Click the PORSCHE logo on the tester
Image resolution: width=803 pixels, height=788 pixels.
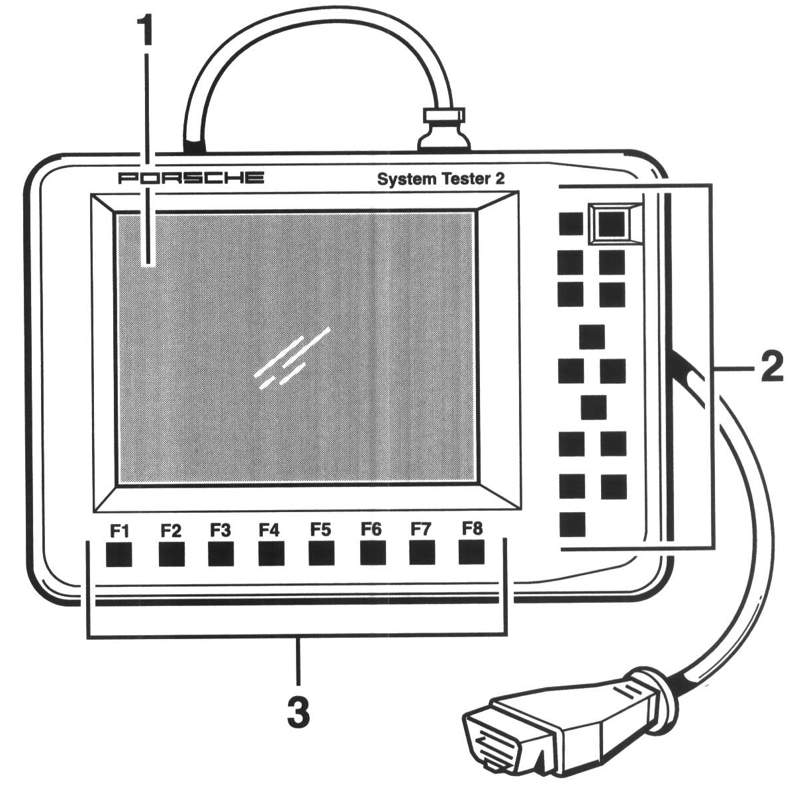[191, 177]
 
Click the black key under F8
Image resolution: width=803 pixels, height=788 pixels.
[471, 552]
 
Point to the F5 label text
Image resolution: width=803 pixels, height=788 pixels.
[321, 530]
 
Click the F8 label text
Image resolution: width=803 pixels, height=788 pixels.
[472, 529]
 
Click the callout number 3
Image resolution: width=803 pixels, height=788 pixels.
[299, 713]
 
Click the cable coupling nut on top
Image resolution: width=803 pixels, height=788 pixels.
[445, 123]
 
